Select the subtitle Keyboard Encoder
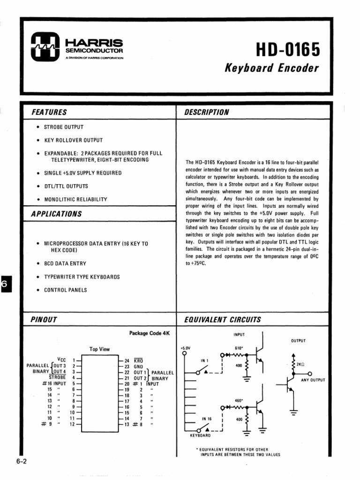272,68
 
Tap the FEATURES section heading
49,112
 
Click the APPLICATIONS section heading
56,214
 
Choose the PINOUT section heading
44,320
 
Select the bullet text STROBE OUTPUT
64,127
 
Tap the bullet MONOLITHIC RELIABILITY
75,199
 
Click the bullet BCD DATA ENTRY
65,263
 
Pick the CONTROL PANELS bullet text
65,290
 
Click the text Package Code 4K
149,333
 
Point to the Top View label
99,349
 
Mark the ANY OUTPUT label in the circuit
313,380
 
